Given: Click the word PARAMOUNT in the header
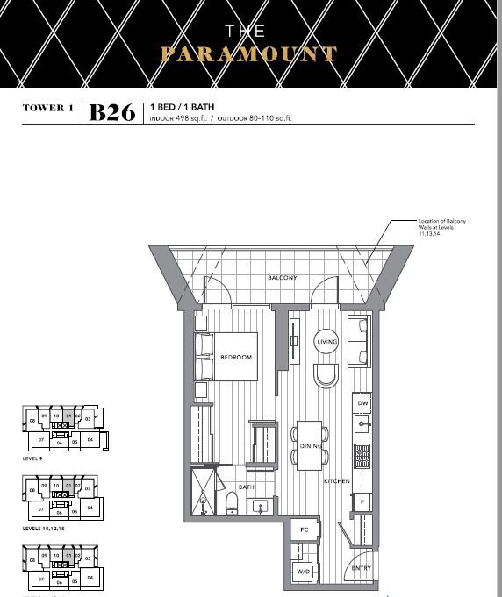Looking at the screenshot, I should point(248,54).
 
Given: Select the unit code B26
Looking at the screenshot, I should point(112,113).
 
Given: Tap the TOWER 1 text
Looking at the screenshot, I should point(48,108).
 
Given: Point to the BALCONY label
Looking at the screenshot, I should point(282,278).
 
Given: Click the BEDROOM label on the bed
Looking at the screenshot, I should point(236,358).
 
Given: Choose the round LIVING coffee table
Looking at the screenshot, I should point(326,342).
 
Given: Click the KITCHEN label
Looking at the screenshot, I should point(336,481).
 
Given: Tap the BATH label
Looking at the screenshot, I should point(247,487).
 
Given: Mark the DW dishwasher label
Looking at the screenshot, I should point(362,402).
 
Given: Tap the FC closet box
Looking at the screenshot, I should point(305,530).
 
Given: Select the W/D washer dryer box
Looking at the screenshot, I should point(305,571).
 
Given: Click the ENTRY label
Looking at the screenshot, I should point(360,568).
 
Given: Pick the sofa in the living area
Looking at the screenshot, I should point(359,342).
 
